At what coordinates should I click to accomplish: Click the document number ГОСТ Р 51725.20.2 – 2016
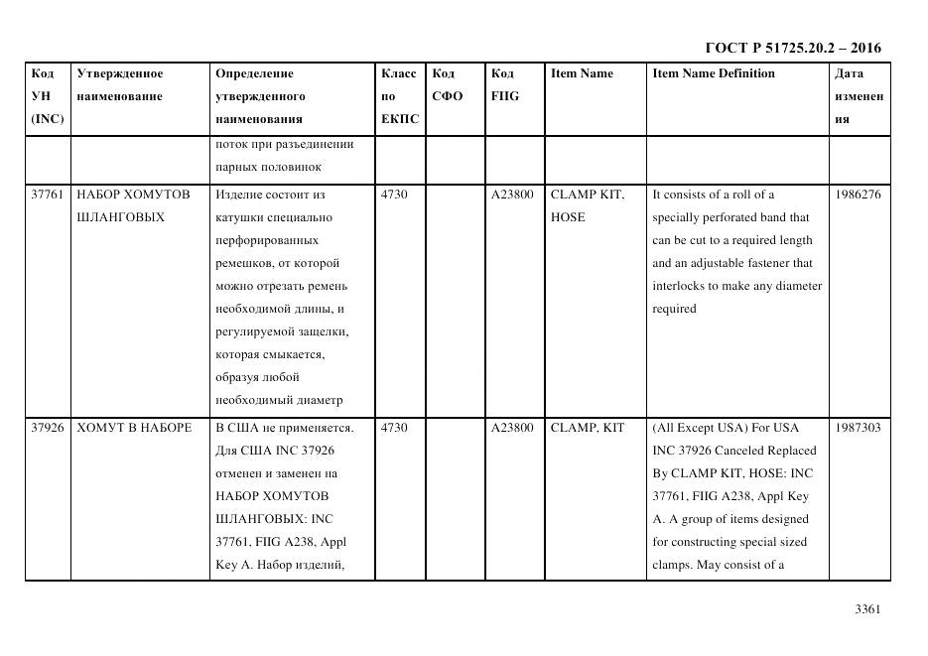[x=792, y=48]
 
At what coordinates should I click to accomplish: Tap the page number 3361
[x=867, y=609]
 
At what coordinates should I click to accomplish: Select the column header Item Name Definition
[x=713, y=73]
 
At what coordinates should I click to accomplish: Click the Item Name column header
[x=582, y=73]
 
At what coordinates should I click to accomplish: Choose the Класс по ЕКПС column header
[x=399, y=96]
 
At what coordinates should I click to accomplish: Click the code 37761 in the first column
[x=48, y=195]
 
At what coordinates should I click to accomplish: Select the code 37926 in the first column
[x=48, y=428]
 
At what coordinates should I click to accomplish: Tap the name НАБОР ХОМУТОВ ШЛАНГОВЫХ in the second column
[x=133, y=205]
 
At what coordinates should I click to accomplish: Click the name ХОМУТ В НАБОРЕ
[x=134, y=428]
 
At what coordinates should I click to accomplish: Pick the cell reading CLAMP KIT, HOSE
[x=587, y=205]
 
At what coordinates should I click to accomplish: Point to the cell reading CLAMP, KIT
[x=587, y=428]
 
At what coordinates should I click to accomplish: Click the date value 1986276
[x=859, y=195]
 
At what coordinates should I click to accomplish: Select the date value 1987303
[x=859, y=428]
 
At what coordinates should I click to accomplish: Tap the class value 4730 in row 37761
[x=394, y=195]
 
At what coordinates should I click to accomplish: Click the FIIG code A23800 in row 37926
[x=512, y=428]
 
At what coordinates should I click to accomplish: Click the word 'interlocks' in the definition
[x=680, y=286]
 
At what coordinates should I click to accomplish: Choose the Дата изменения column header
[x=859, y=96]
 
